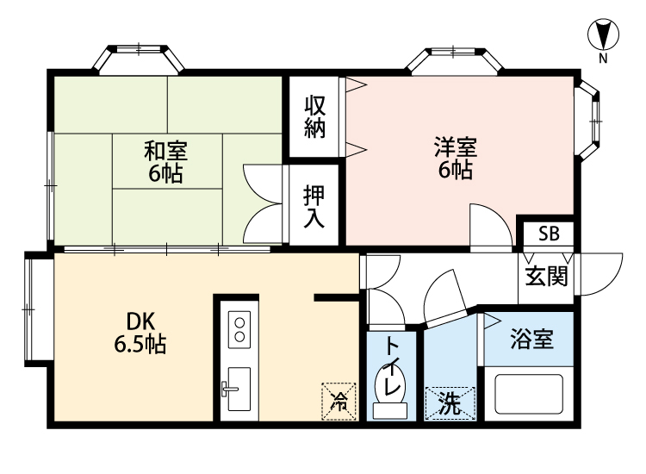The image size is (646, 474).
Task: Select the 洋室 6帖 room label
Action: tap(453, 159)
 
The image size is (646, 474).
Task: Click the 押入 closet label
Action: tap(314, 206)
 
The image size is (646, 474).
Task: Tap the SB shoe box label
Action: tap(548, 233)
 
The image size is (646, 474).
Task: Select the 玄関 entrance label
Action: tap(546, 277)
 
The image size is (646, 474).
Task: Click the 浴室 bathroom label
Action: tap(531, 337)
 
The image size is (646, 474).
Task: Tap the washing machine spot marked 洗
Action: tap(450, 402)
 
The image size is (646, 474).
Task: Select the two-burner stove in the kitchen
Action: tap(237, 329)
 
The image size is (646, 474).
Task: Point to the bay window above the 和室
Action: tap(138, 58)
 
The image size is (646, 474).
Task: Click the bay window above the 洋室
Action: tap(455, 59)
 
